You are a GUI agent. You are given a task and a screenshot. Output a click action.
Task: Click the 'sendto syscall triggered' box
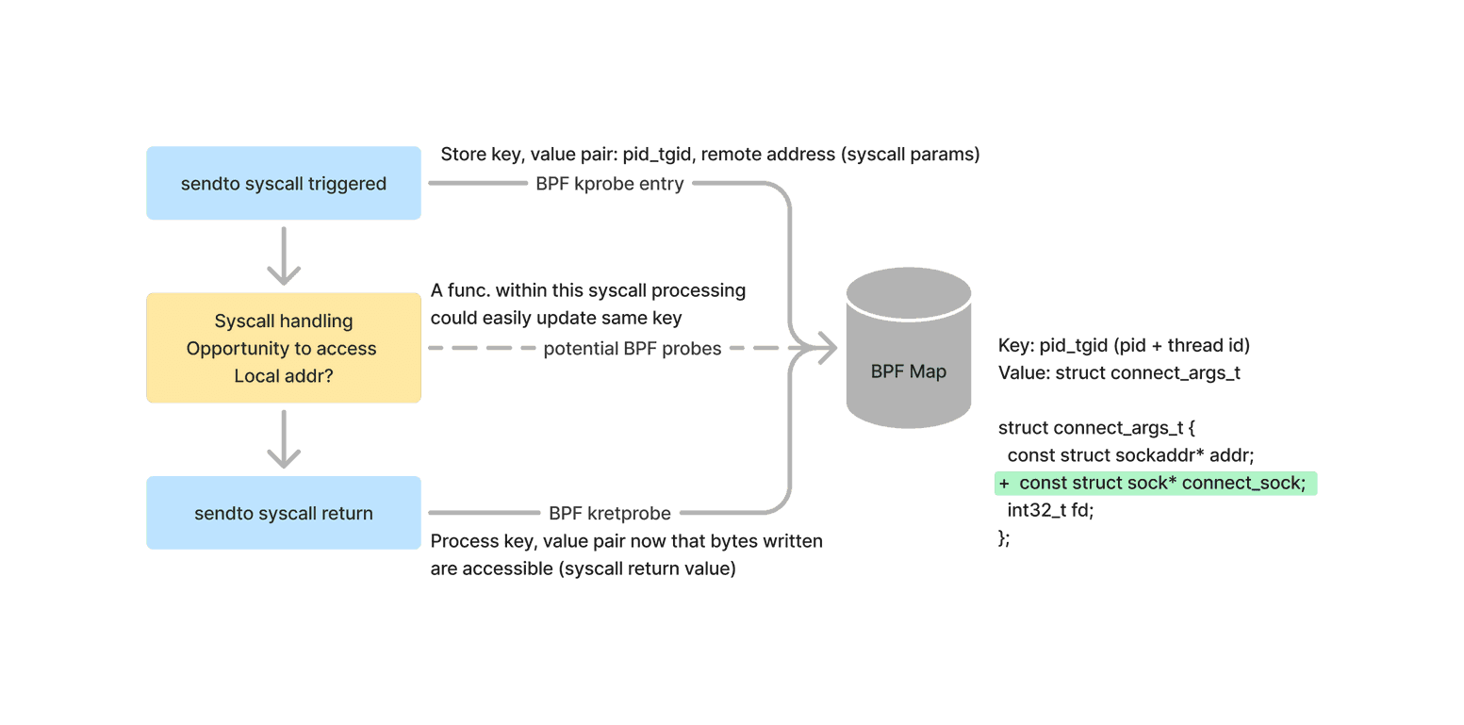pos(284,183)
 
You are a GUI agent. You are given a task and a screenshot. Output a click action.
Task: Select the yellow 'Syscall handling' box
pos(284,348)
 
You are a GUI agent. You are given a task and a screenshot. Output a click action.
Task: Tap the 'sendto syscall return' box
pos(284,513)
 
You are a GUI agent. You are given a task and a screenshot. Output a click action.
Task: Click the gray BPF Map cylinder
pos(909,348)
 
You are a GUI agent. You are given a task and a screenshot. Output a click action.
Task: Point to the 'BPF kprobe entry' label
pos(609,184)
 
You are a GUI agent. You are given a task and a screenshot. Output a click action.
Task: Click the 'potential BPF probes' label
pos(632,349)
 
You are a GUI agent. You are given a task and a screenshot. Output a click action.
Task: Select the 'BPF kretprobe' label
pos(609,513)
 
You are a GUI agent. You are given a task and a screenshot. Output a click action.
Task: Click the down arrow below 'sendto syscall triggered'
pos(284,255)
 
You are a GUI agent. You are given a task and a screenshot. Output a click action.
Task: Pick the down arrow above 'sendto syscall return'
pos(284,438)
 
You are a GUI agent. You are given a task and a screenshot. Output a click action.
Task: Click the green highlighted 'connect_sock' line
pos(1156,483)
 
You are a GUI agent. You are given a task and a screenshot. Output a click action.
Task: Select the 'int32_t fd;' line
pos(1050,510)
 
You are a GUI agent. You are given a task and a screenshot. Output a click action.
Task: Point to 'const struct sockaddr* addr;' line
pos(1130,455)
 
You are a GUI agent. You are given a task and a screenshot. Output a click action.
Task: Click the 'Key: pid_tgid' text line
pos(1124,345)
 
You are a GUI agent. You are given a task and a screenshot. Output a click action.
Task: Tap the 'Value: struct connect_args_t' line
pos(1119,372)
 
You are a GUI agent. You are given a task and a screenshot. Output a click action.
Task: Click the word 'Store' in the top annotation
pos(464,155)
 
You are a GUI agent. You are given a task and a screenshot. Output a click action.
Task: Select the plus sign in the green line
pos(1004,483)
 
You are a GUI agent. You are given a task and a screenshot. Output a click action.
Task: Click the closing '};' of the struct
pos(1004,538)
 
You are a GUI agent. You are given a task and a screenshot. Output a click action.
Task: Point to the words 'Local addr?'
pos(284,376)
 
